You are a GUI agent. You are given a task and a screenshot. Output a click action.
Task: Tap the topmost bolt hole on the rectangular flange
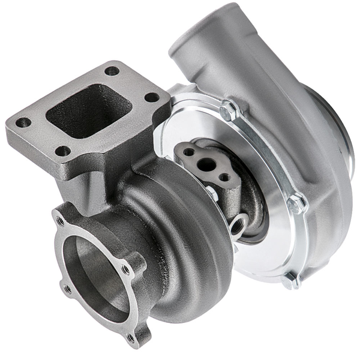point(112,71)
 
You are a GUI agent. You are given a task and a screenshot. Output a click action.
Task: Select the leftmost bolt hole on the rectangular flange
point(23,122)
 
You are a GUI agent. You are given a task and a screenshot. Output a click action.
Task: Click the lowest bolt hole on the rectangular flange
point(62,151)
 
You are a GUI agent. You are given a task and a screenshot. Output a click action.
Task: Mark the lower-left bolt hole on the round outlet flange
point(68,289)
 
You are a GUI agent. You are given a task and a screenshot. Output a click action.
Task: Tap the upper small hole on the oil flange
point(190,152)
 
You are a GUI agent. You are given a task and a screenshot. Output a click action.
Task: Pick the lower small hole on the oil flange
point(224,177)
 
